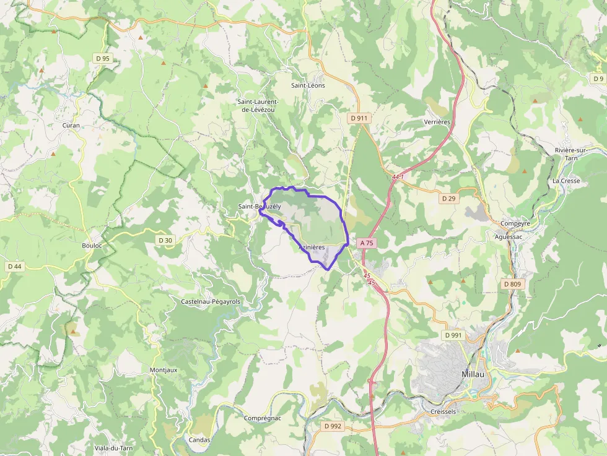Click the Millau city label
pyautogui.click(x=473, y=374)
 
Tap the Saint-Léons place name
pyautogui.click(x=308, y=85)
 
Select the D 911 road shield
pyautogui.click(x=359, y=118)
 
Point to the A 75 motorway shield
pyautogui.click(x=367, y=243)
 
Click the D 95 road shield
pyautogui.click(x=103, y=59)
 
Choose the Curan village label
pyautogui.click(x=71, y=125)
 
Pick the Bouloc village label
pyautogui.click(x=92, y=246)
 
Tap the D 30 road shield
pyautogui.click(x=165, y=240)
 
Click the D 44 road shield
pyautogui.click(x=14, y=266)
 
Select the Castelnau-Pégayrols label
pyautogui.click(x=211, y=301)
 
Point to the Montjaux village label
pyautogui.click(x=164, y=370)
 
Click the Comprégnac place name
pyautogui.click(x=263, y=418)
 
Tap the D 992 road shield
pyautogui.click(x=333, y=426)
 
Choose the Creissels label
pyautogui.click(x=443, y=411)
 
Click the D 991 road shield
pyautogui.click(x=453, y=335)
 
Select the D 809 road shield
pyautogui.click(x=513, y=284)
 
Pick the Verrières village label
pyautogui.click(x=437, y=122)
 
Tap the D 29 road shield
pyautogui.click(x=449, y=199)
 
